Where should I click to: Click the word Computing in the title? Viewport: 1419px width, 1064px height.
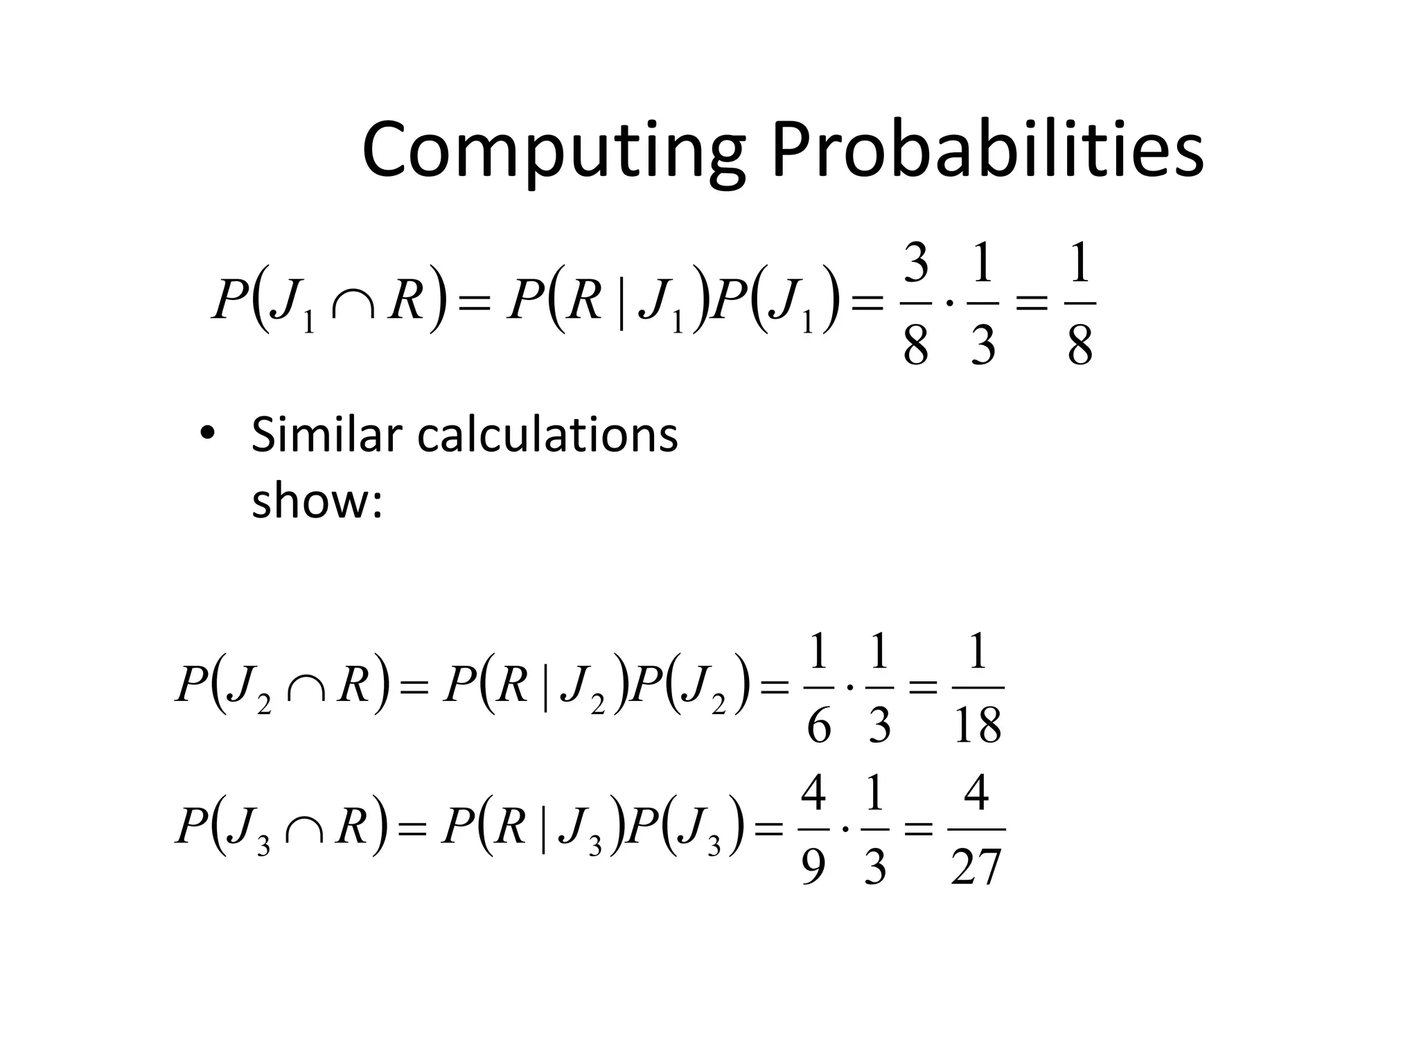coord(553,152)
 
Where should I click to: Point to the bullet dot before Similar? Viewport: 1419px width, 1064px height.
coord(207,434)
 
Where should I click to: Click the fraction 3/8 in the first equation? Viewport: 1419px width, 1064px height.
coord(916,304)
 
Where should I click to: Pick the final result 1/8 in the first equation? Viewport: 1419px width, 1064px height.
coord(1079,304)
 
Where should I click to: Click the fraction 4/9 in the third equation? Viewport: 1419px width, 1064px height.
coord(813,829)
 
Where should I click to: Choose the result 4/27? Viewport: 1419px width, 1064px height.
coord(976,829)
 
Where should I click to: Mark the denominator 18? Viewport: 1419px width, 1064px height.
coord(977,725)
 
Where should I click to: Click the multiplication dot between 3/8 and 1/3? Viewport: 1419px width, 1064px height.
coord(949,303)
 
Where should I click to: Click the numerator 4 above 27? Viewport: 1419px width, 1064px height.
coord(976,793)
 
